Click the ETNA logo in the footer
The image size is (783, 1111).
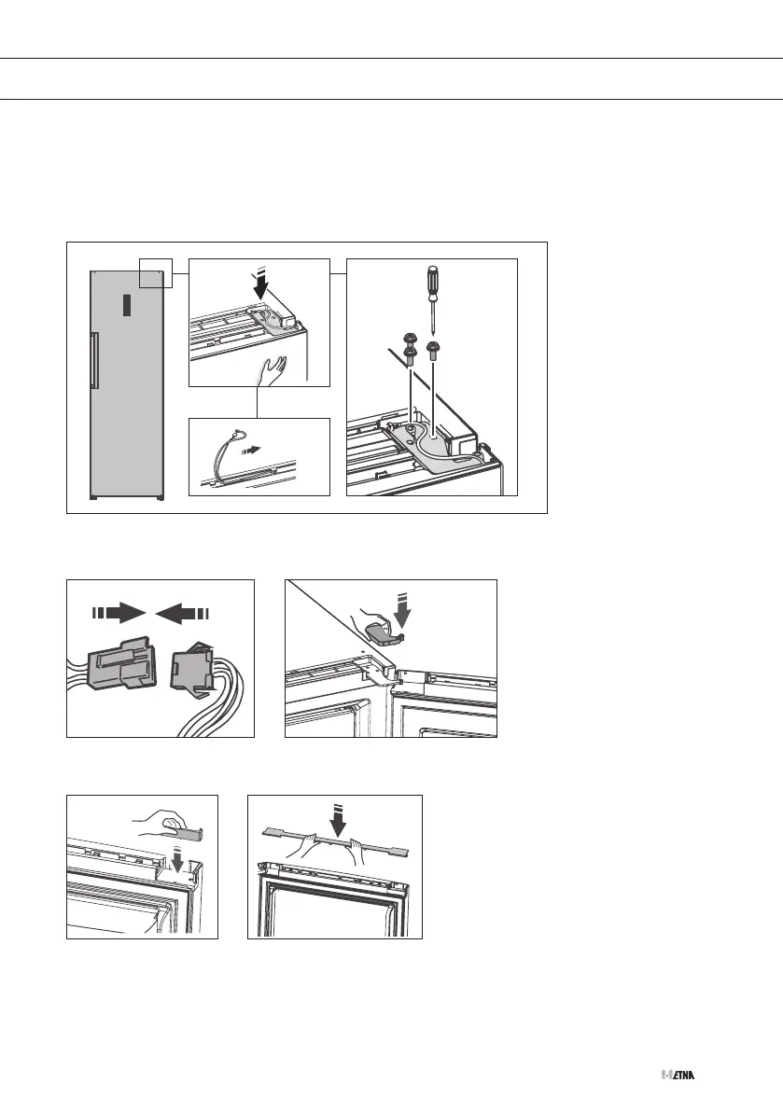pyautogui.click(x=678, y=1075)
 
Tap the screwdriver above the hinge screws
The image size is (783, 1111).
pyautogui.click(x=430, y=291)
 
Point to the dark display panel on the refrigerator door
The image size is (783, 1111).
pyautogui.click(x=125, y=304)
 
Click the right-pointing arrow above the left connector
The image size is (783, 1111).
pyautogui.click(x=119, y=612)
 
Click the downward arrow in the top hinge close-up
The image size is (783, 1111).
pyautogui.click(x=259, y=284)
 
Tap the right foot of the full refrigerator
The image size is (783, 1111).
pyautogui.click(x=160, y=498)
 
